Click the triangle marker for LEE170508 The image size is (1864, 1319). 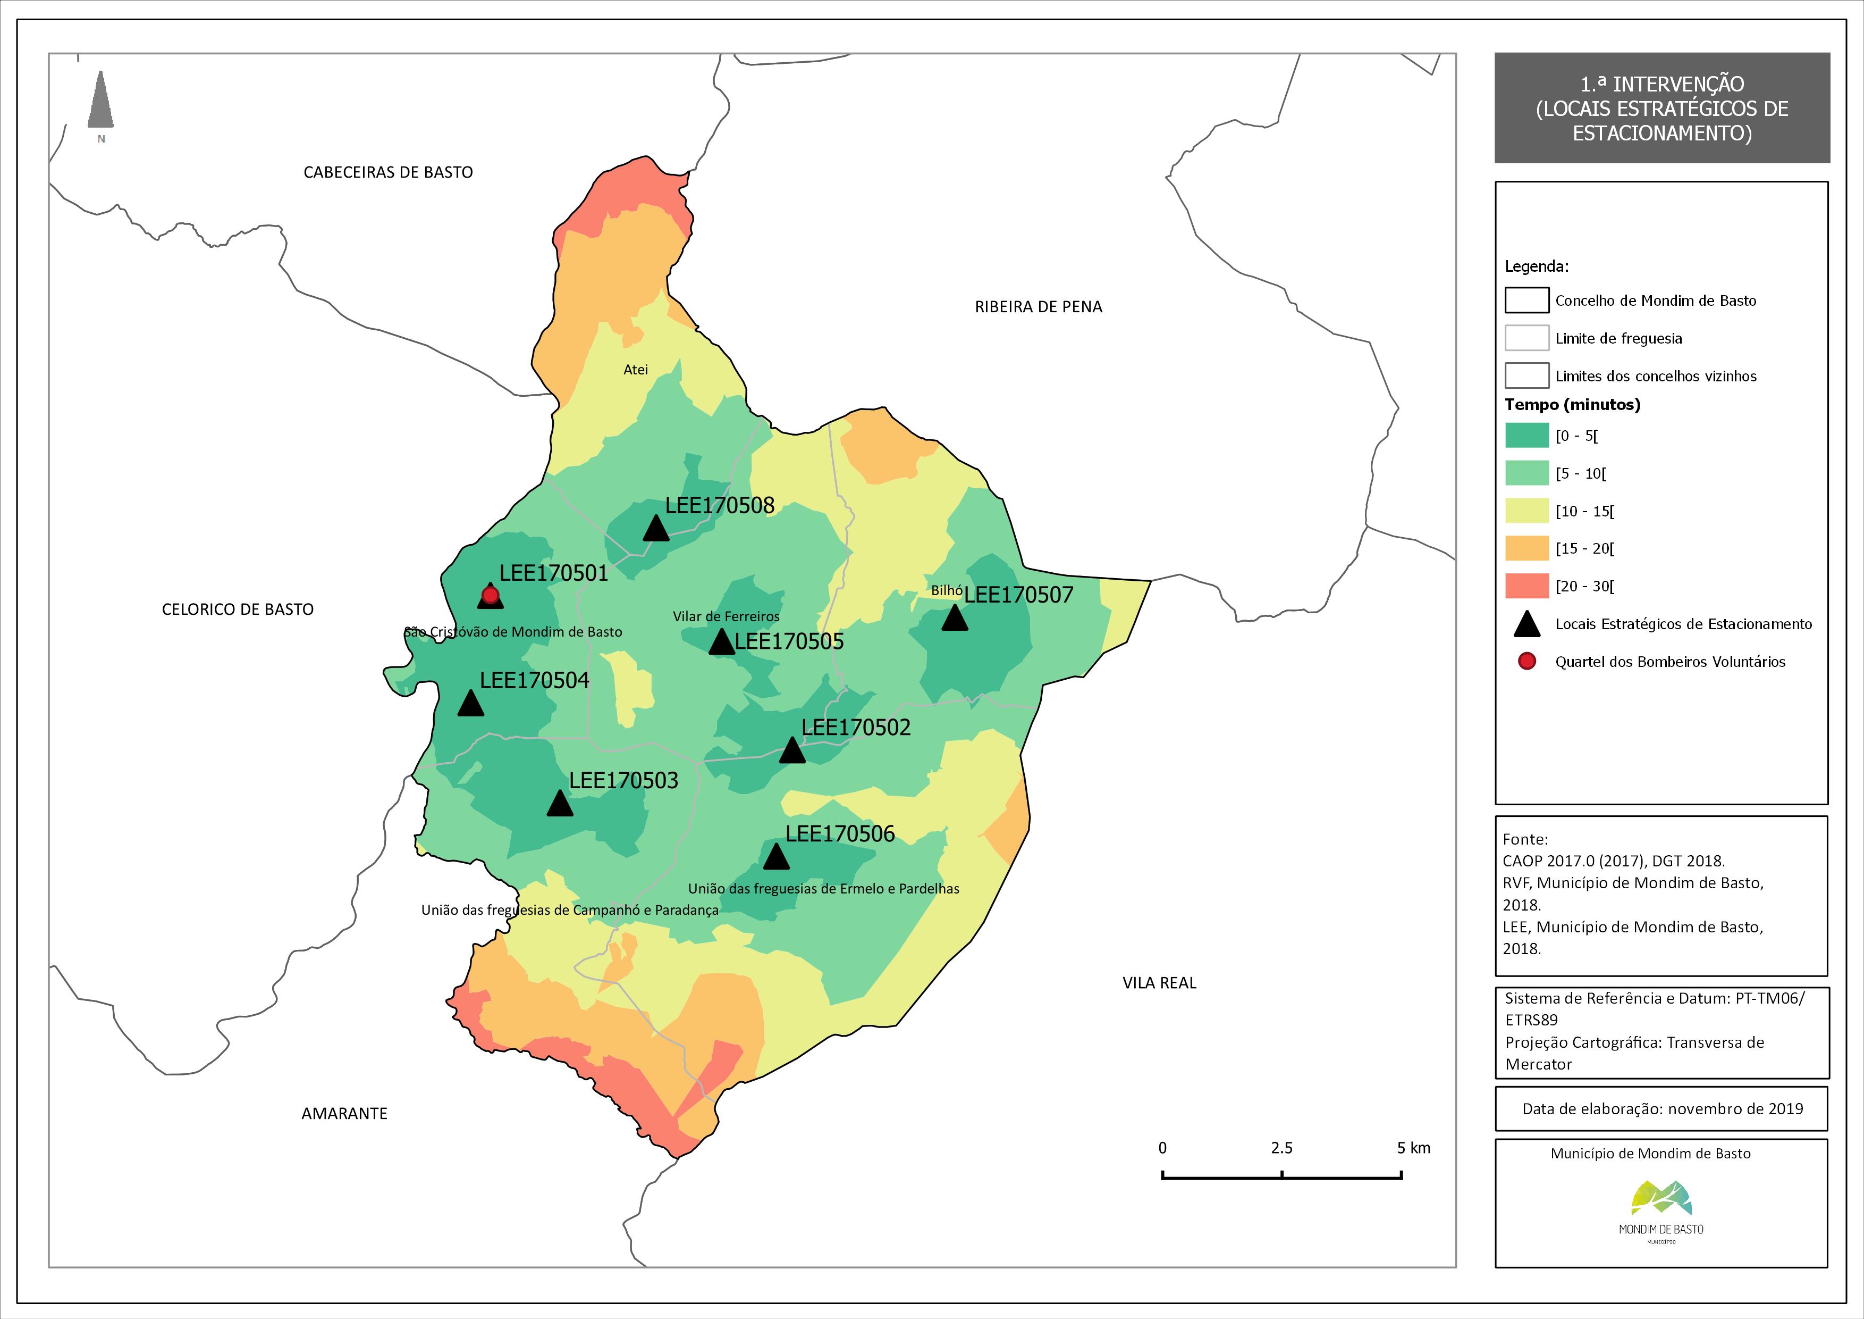point(656,529)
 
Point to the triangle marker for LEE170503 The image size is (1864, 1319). point(559,803)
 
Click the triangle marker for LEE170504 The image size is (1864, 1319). point(471,703)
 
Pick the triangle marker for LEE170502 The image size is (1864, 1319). point(792,750)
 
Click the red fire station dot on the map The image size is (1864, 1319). point(491,595)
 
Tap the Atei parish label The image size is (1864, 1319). point(636,370)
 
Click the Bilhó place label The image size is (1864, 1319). point(947,590)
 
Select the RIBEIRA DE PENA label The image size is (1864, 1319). point(1039,307)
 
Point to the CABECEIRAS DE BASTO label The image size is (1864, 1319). point(388,172)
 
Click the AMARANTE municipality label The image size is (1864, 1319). point(344,1114)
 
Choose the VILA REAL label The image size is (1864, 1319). point(1159,983)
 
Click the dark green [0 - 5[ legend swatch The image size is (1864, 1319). point(1526,436)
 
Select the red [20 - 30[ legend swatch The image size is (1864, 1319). point(1526,586)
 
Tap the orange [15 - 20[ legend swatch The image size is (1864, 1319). point(1526,548)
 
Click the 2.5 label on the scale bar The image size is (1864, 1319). point(1282,1148)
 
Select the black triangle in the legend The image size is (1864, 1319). point(1527,624)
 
